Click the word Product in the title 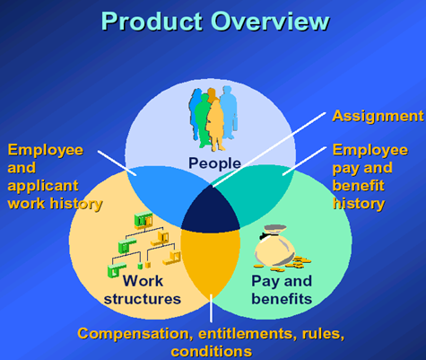[152, 22]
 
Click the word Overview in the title [270, 22]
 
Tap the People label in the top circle [214, 163]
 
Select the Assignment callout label [378, 116]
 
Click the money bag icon [274, 245]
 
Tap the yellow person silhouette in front [215, 126]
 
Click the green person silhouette [202, 119]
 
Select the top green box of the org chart [143, 219]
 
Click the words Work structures [143, 290]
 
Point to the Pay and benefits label [282, 290]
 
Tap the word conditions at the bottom [212, 352]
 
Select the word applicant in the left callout [43, 187]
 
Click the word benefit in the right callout [358, 186]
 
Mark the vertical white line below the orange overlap [211, 308]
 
